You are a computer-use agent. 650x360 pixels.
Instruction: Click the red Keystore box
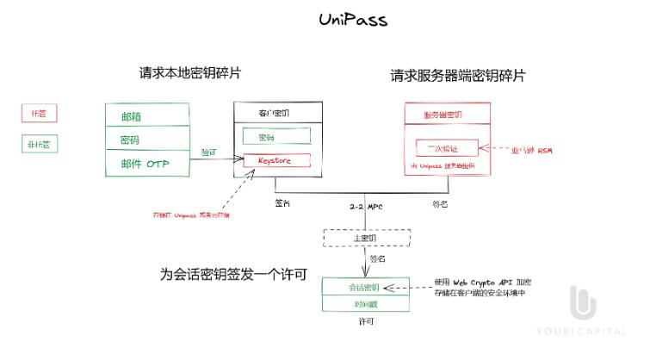click(x=275, y=159)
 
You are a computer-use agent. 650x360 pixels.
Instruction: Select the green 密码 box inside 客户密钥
click(x=275, y=137)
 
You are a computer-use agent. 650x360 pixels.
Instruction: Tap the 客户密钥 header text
click(x=275, y=113)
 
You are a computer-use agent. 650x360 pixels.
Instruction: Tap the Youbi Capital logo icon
click(x=585, y=305)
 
